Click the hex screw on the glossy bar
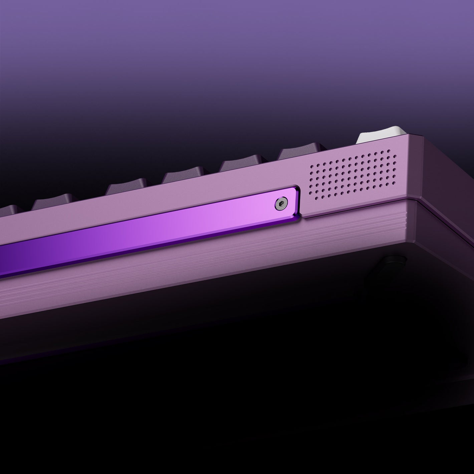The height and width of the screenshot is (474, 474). pos(281,204)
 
